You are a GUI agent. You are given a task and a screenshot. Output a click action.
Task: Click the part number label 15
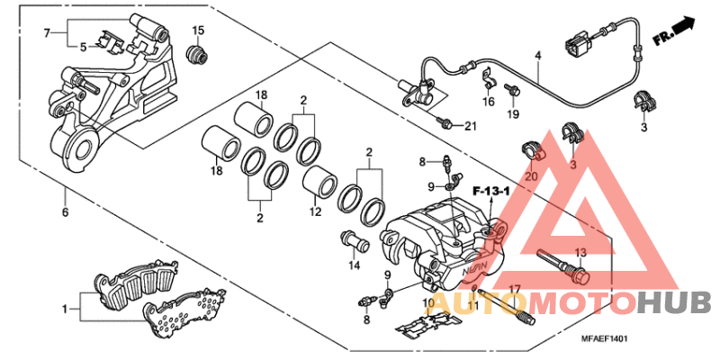pos(198,31)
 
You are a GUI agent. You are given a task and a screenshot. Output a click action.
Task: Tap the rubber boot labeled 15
pos(194,57)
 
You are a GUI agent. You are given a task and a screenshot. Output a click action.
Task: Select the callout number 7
pos(48,33)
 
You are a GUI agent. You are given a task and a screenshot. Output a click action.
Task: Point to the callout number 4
pos(537,56)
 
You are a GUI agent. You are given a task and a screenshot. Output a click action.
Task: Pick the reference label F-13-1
pos(491,191)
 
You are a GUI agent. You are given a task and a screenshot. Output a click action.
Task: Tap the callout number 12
pos(315,213)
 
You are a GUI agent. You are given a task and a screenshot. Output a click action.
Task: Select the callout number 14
pos(355,265)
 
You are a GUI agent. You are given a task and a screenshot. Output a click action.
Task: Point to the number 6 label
pos(64,212)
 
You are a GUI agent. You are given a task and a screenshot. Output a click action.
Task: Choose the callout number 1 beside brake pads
pos(65,309)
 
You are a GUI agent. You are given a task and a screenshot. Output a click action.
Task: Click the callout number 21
pos(469,125)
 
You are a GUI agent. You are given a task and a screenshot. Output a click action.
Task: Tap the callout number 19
pos(513,114)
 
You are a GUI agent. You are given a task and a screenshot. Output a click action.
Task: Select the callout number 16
pos(488,102)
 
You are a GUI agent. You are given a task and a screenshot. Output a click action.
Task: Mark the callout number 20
pos(530,176)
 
